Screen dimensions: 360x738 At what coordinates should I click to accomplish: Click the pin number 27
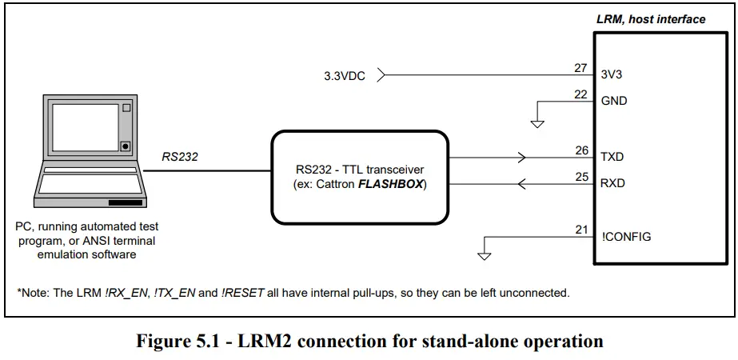[x=581, y=68]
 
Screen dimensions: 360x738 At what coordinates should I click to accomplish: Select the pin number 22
[x=581, y=94]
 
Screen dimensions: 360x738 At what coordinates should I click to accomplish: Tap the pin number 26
[x=581, y=150]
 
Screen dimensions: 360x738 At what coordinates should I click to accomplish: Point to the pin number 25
[x=581, y=177]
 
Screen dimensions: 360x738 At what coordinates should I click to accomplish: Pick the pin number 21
[x=581, y=230]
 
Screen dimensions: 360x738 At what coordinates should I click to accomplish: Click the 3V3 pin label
[x=612, y=74]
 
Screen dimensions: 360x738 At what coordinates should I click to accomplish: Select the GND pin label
[x=614, y=101]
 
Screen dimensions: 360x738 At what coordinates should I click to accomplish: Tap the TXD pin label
[x=612, y=158]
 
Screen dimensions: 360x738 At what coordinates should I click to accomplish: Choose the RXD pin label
[x=612, y=183]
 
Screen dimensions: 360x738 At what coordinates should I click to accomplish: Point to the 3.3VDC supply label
[x=345, y=76]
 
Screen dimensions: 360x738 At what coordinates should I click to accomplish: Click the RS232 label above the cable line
[x=180, y=157]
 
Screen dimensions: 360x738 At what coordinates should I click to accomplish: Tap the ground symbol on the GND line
[x=537, y=124]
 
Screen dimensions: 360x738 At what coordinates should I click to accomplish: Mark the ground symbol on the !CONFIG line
[x=483, y=255]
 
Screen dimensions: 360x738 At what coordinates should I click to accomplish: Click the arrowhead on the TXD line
[x=522, y=157]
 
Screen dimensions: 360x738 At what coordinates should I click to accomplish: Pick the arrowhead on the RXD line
[x=522, y=184]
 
